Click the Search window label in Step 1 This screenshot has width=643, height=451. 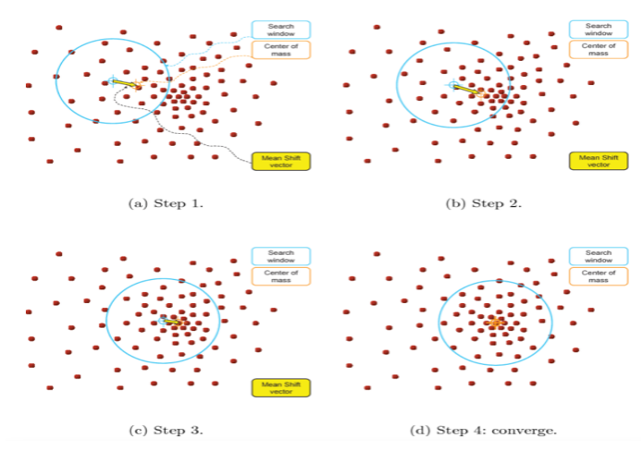click(280, 30)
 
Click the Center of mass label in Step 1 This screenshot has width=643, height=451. click(280, 51)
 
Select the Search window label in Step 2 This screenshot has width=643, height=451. click(593, 30)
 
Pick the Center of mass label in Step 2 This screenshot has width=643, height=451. click(593, 51)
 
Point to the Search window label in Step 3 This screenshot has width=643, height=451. click(280, 256)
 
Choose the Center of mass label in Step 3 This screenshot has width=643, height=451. click(280, 276)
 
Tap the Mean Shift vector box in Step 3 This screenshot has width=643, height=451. click(280, 388)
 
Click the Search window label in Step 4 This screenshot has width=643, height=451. click(593, 256)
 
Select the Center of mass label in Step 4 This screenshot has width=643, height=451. click(593, 276)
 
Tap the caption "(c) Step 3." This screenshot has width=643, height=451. click(165, 430)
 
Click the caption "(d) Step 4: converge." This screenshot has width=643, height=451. click(483, 430)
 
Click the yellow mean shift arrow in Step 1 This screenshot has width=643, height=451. click(125, 83)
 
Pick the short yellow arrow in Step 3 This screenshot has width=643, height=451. click(171, 322)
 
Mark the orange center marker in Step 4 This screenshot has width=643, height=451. click(496, 323)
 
